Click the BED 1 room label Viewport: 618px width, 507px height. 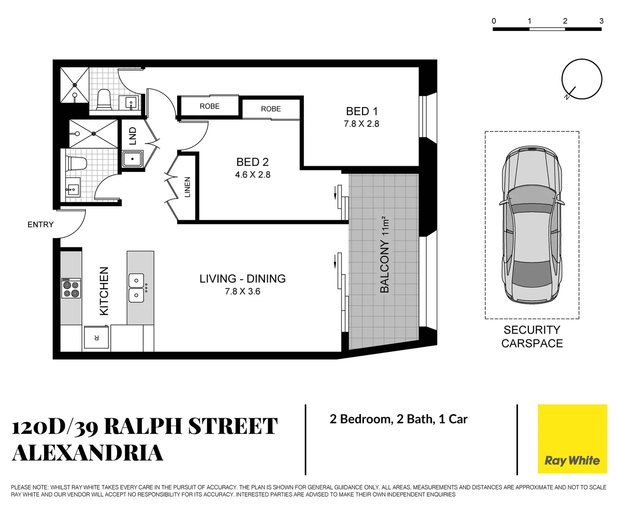[362, 111]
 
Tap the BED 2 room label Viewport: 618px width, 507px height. [253, 162]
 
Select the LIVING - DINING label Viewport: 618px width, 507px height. [242, 279]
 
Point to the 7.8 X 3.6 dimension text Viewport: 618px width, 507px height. [242, 292]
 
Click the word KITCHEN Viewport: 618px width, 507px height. [104, 291]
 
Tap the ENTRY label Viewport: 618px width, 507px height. [40, 224]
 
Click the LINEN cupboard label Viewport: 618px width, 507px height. [187, 187]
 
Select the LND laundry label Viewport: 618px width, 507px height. [133, 136]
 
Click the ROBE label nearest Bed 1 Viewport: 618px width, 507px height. [271, 109]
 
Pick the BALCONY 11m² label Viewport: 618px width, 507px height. [385, 255]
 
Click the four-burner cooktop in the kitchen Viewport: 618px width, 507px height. [71, 288]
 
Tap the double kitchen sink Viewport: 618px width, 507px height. [137, 288]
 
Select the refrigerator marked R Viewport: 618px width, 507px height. [96, 338]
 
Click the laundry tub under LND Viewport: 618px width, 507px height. [133, 159]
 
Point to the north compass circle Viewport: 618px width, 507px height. [581, 79]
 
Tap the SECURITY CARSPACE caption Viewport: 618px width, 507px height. [532, 337]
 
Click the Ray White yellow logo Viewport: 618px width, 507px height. [572, 439]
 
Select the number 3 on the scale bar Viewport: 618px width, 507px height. [601, 21]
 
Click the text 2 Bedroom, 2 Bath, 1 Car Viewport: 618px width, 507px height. [398, 419]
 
